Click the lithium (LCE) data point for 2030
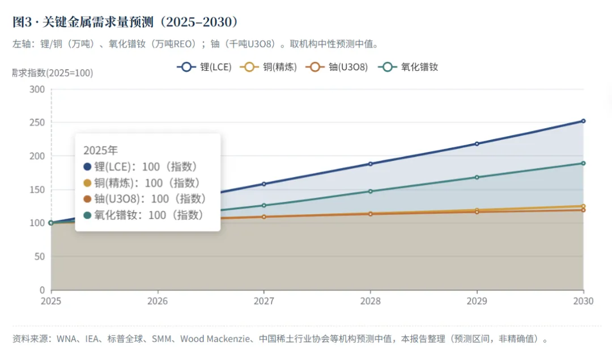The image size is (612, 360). (583, 121)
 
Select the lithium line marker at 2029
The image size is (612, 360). (477, 143)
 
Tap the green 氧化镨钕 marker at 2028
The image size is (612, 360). (371, 191)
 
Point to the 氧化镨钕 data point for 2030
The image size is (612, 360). (583, 163)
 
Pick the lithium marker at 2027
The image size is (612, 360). (264, 184)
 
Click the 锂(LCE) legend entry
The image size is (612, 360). (204, 67)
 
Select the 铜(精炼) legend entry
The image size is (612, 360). (269, 67)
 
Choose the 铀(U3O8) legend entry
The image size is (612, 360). (337, 67)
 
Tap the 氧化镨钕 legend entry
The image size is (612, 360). (408, 67)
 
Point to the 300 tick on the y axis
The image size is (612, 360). (37, 90)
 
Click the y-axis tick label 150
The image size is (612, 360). (37, 190)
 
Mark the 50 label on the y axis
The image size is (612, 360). (40, 256)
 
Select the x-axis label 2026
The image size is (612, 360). (158, 301)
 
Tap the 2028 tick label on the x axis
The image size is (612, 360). (371, 301)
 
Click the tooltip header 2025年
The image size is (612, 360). (100, 150)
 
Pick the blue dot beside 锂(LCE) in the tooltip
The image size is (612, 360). (87, 167)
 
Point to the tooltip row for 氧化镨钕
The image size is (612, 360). (143, 215)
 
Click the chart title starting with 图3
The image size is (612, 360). (125, 22)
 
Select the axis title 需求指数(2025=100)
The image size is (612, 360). (53, 73)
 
